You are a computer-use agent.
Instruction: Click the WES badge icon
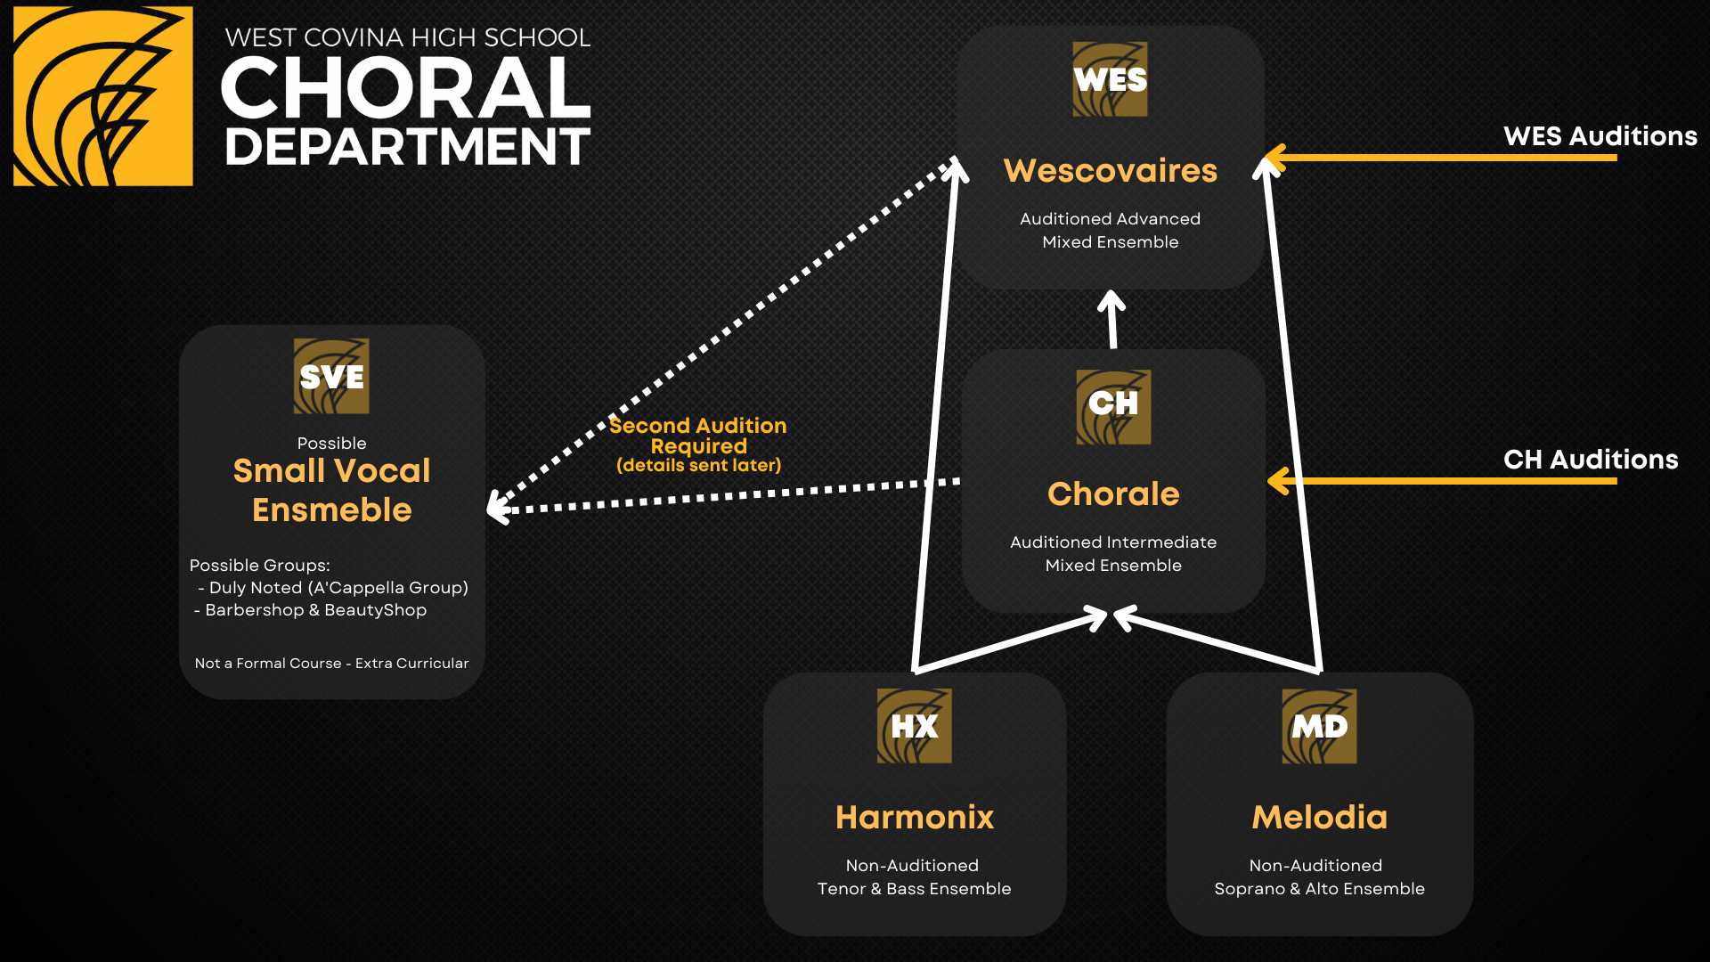(1110, 79)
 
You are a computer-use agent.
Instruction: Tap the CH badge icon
(1113, 407)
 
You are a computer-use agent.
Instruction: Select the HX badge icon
(915, 726)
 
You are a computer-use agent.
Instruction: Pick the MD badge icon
(1319, 726)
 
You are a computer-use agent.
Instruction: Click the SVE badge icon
(331, 376)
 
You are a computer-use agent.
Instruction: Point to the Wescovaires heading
(1110, 170)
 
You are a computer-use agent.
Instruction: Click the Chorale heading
(1113, 493)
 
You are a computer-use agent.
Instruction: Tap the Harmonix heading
(915, 817)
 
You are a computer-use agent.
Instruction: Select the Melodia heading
(1319, 817)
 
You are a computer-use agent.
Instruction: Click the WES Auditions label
(1600, 136)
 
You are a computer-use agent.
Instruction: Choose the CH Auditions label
(1591, 460)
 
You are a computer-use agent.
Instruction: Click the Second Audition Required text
(698, 436)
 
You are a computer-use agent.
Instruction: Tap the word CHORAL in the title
(406, 87)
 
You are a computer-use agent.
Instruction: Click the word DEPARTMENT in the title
(407, 147)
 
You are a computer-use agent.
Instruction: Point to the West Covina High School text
(407, 37)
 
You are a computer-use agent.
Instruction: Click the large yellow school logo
(103, 96)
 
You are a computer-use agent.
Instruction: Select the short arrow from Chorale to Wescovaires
(1111, 319)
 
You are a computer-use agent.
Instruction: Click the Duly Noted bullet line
(333, 588)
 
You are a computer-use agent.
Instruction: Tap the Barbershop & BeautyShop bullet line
(311, 610)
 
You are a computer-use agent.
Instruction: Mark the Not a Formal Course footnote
(331, 664)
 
